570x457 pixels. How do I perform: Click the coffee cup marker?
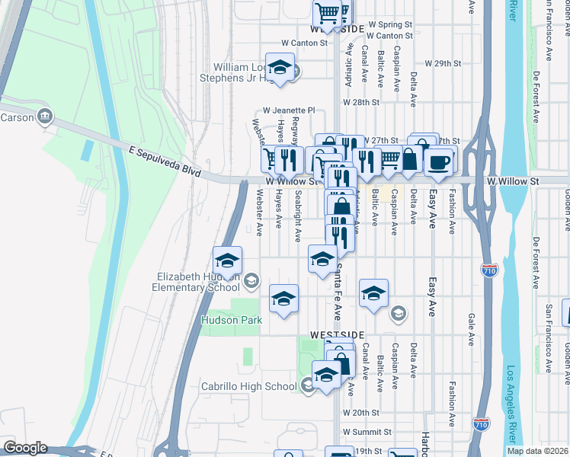point(439,161)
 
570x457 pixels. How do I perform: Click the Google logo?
point(25,448)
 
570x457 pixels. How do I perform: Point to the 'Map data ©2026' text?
point(537,451)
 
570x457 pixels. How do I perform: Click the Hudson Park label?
point(231,321)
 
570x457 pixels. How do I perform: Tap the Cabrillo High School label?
point(248,386)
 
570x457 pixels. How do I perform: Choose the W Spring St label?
point(389,25)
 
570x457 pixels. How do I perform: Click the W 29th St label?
point(444,62)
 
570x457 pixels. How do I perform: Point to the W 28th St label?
point(361,102)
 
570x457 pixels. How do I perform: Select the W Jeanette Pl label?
point(289,110)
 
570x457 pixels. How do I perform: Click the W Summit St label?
point(367,432)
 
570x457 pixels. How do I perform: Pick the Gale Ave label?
point(472,328)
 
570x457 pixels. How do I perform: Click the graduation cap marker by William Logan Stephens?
point(280,67)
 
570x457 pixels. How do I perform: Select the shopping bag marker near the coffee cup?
point(410,158)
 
